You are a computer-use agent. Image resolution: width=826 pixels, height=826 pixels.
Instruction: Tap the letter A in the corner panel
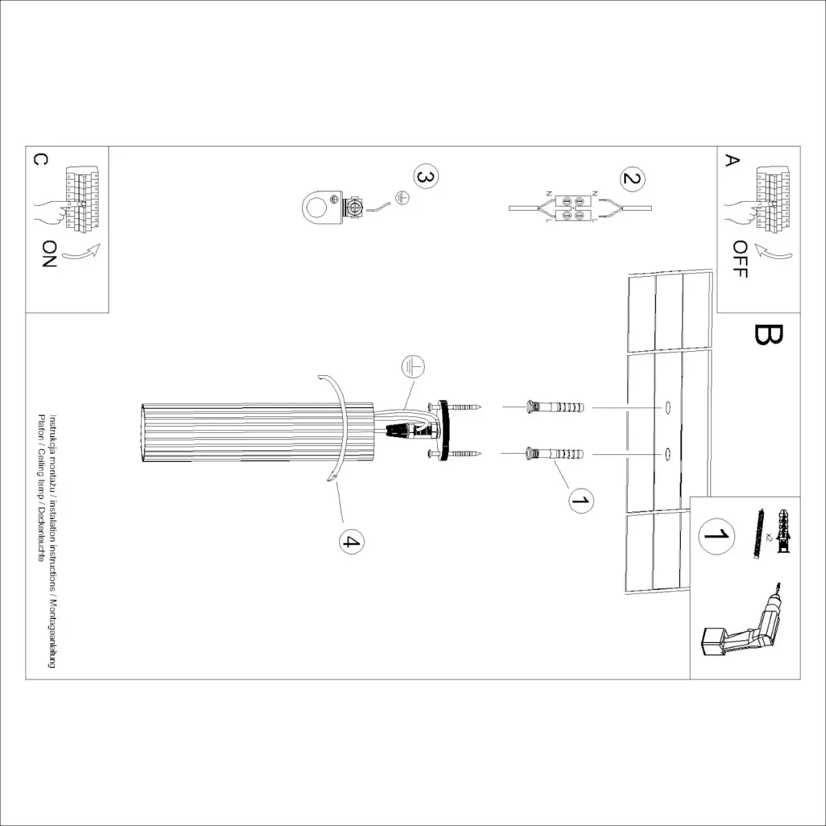(x=732, y=160)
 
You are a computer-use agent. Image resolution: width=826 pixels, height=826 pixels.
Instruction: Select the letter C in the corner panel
(x=40, y=160)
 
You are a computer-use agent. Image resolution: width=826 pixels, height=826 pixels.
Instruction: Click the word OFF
(x=740, y=259)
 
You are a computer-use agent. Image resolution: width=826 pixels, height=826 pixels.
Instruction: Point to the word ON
(x=50, y=253)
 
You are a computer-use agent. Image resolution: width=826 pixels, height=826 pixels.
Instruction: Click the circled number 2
(x=632, y=179)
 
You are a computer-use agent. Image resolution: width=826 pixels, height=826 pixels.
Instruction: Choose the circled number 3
(x=425, y=177)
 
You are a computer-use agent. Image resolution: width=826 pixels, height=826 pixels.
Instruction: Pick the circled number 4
(x=352, y=542)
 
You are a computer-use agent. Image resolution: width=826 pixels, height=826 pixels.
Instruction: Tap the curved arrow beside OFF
(x=772, y=253)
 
